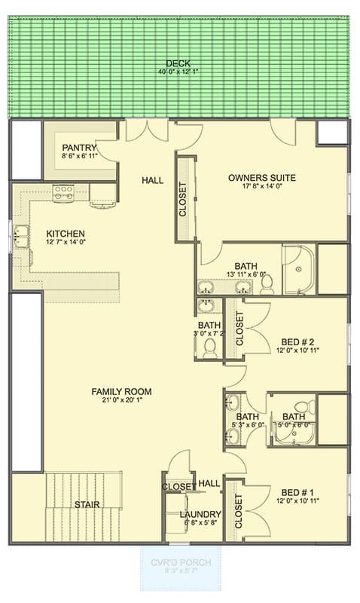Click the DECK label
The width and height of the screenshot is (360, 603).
(x=178, y=64)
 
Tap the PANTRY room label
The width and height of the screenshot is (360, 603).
(x=78, y=148)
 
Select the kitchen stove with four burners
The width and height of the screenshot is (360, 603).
(x=63, y=193)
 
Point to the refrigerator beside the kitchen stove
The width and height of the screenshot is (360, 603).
(x=102, y=195)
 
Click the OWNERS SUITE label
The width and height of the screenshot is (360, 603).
(x=261, y=178)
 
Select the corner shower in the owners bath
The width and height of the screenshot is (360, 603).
(x=298, y=270)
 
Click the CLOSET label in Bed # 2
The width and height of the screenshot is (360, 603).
(x=239, y=329)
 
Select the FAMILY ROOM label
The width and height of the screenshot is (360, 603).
(x=121, y=391)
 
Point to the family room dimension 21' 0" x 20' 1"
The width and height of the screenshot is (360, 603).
(x=121, y=402)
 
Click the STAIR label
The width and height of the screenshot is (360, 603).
(x=87, y=504)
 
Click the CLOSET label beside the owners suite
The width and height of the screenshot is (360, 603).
(x=182, y=199)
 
